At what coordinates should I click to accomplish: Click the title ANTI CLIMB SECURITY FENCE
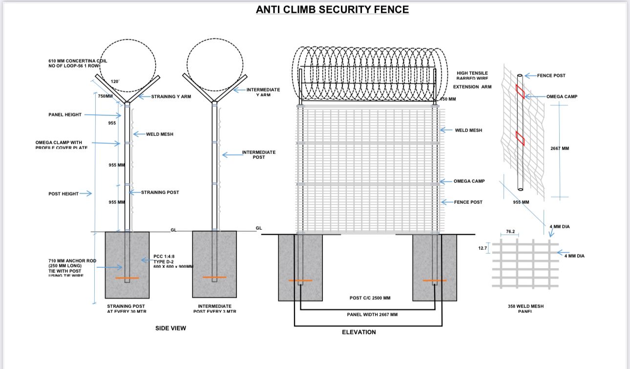coord(332,9)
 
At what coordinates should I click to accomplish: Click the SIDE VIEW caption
coord(170,328)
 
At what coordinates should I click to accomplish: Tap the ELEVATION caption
coord(359,332)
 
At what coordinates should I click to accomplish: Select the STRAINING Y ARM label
coord(171,97)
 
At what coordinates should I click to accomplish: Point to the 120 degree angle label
coord(115,81)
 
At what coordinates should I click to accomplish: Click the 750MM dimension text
coord(105,96)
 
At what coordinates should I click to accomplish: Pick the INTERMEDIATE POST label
coord(259,154)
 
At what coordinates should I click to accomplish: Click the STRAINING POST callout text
coord(160,192)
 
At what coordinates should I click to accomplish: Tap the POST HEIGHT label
coord(63,194)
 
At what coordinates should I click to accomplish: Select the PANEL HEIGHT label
coord(65,115)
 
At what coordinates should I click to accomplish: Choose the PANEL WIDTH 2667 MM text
coord(372,314)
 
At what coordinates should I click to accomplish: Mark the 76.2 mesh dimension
coord(510,232)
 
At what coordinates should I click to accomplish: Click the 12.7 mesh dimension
coord(483,248)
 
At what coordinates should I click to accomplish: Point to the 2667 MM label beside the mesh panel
coord(559,148)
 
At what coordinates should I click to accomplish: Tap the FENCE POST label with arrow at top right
coord(551,76)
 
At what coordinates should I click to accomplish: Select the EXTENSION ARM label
coord(472,87)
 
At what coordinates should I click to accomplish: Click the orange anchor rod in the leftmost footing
coord(127,279)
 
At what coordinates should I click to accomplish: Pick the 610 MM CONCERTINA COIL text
coord(78,63)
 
